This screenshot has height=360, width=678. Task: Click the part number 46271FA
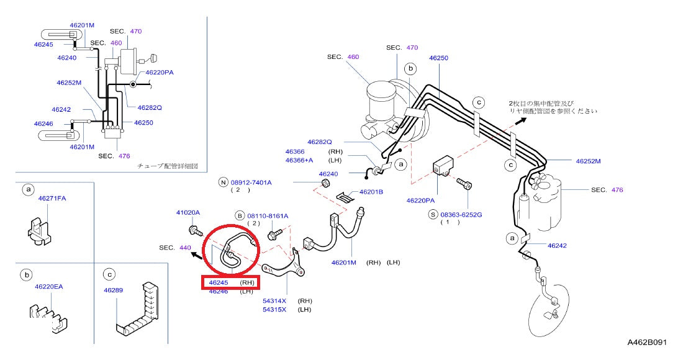(52, 199)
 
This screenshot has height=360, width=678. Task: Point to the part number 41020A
(188, 212)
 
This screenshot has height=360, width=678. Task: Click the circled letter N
(223, 182)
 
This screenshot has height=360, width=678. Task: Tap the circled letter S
(433, 214)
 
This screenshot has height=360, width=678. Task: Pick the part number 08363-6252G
(461, 214)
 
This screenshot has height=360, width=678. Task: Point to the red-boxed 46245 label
(219, 282)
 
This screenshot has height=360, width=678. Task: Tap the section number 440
(185, 247)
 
